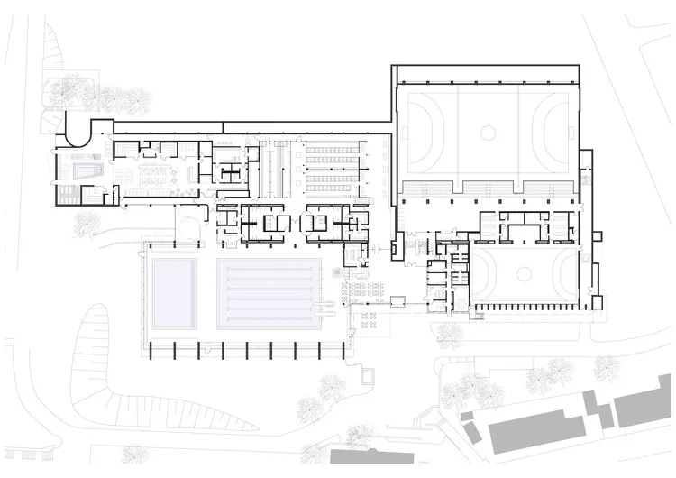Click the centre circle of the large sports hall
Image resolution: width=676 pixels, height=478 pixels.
pyautogui.click(x=488, y=133)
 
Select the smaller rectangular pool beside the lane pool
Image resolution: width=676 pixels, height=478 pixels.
pyautogui.click(x=173, y=290)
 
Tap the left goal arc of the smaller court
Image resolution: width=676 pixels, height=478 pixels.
pyautogui.click(x=480, y=273)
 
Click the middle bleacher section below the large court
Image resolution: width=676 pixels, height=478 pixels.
pyautogui.click(x=492, y=188)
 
